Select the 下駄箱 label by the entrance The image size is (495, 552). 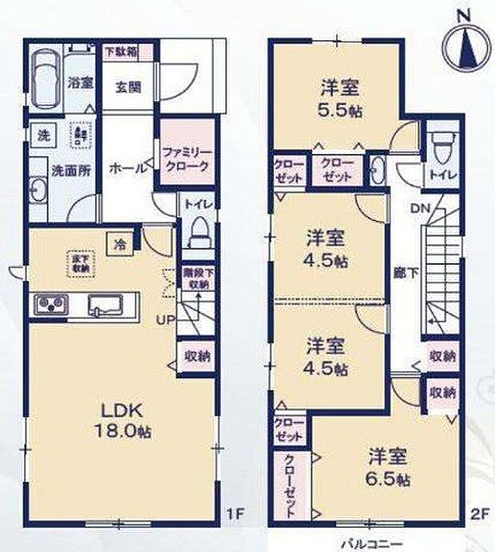[x=121, y=50]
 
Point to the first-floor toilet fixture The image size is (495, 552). [x=196, y=231]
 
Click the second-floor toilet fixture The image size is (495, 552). [x=438, y=147]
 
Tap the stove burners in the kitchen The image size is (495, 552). [x=49, y=304]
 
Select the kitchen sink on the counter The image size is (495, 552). [x=104, y=305]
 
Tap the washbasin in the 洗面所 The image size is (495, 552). [x=37, y=191]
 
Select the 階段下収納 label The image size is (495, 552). [x=196, y=278]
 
